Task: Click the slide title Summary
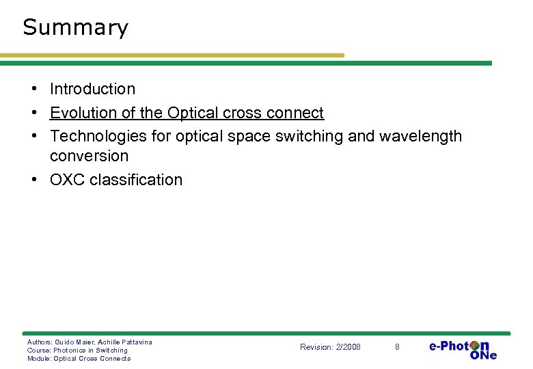click(x=75, y=27)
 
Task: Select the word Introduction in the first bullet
click(x=92, y=89)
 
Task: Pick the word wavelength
click(x=420, y=136)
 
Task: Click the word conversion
click(x=89, y=156)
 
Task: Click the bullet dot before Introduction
click(x=33, y=89)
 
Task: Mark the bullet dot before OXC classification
click(x=33, y=180)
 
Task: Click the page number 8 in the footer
click(x=397, y=347)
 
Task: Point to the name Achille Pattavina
click(x=125, y=342)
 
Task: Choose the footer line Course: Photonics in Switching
click(x=77, y=350)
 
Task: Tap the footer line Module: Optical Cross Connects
click(x=79, y=358)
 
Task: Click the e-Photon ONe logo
click(x=463, y=348)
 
